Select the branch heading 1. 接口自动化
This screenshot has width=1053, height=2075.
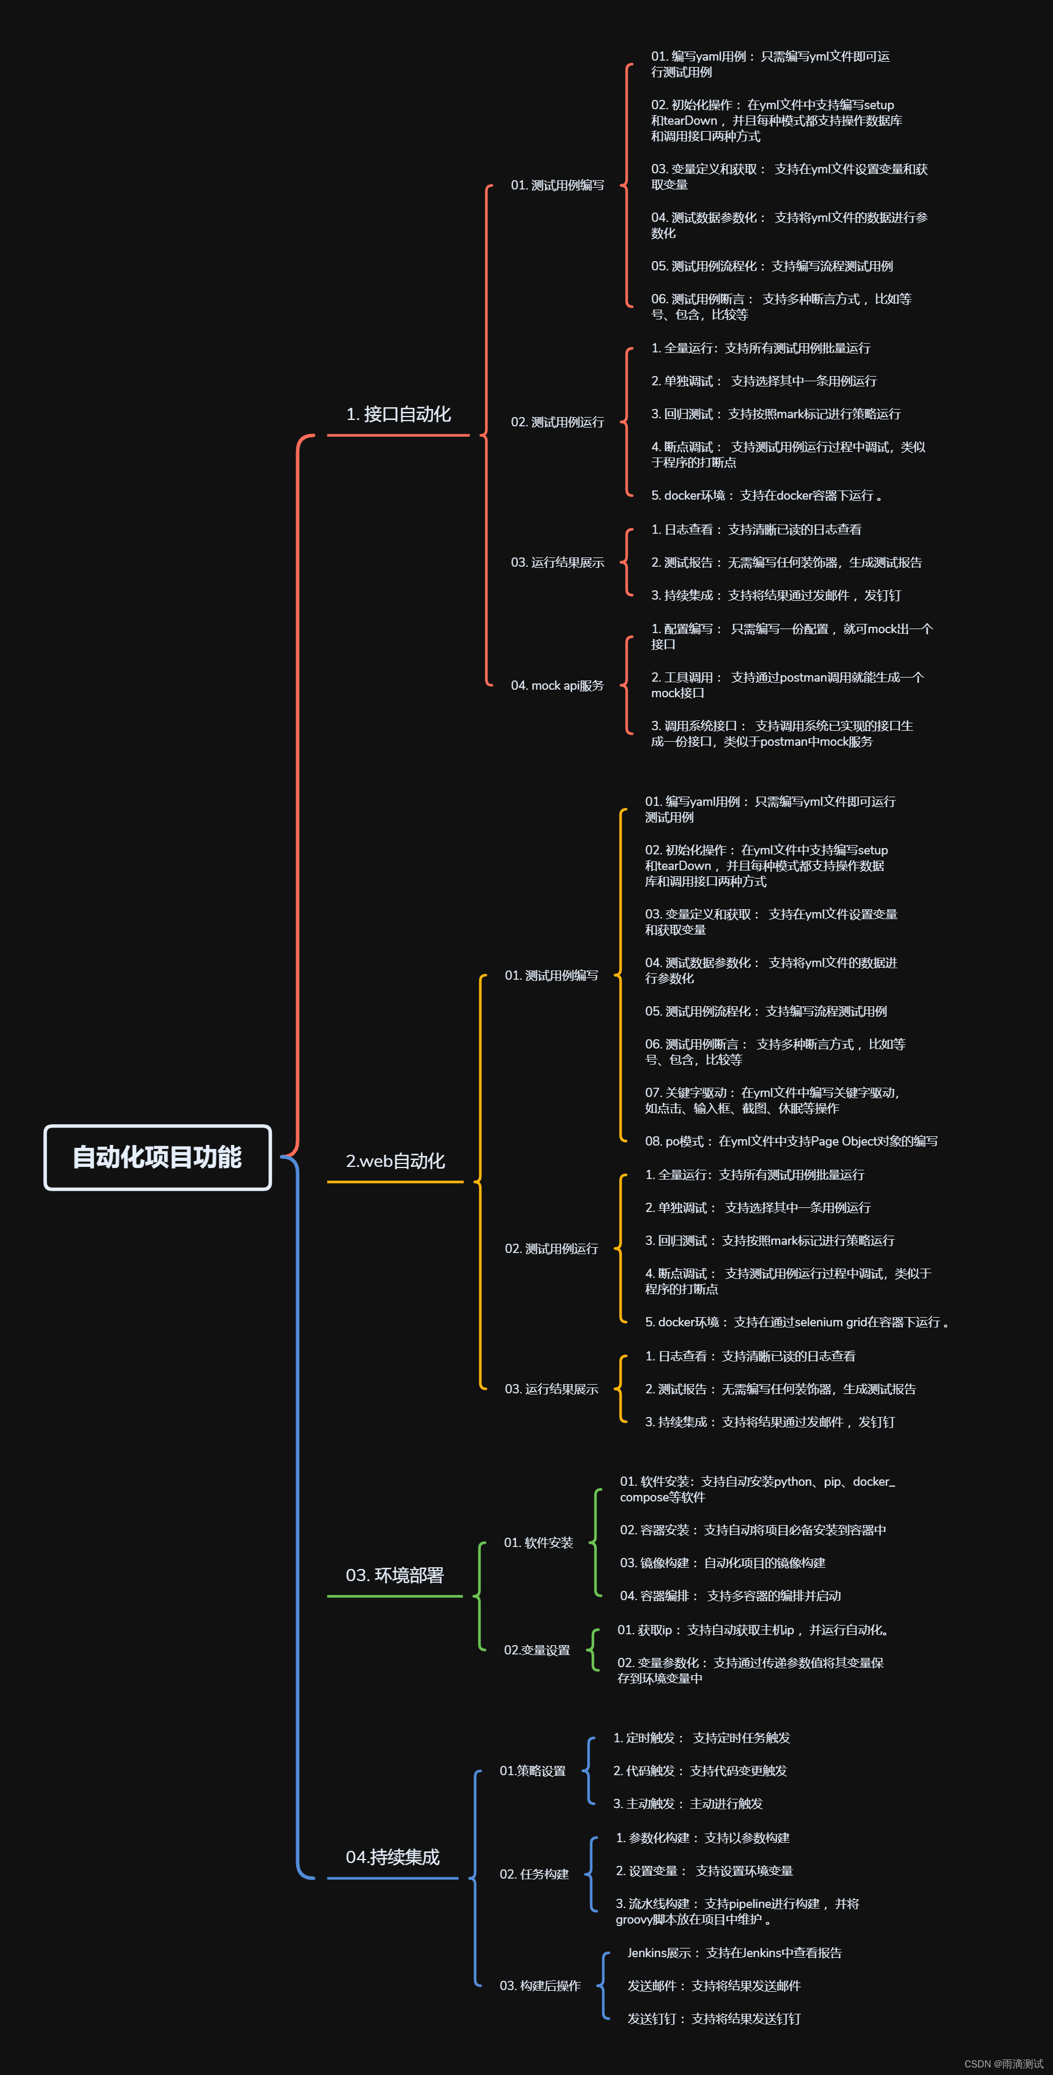pos(398,414)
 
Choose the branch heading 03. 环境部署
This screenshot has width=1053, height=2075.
pos(394,1575)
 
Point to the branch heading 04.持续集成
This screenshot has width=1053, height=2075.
pos(393,1857)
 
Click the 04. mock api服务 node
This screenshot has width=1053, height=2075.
pos(557,686)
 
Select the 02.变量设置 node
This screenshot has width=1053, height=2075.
pos(537,1650)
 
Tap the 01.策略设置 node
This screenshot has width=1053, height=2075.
pos(532,1771)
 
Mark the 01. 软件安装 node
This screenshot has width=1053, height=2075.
pos(538,1542)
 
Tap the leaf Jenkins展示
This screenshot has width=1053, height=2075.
pos(734,1953)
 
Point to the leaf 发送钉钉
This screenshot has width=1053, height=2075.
pos(714,2018)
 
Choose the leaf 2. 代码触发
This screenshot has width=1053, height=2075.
pos(700,1771)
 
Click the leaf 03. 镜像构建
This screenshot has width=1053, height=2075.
pos(722,1563)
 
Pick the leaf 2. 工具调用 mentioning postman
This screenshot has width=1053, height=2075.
pos(786,685)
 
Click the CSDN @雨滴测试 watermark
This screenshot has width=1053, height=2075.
pos(1003,2063)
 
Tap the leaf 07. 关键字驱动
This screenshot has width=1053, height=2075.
pos(771,1100)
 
